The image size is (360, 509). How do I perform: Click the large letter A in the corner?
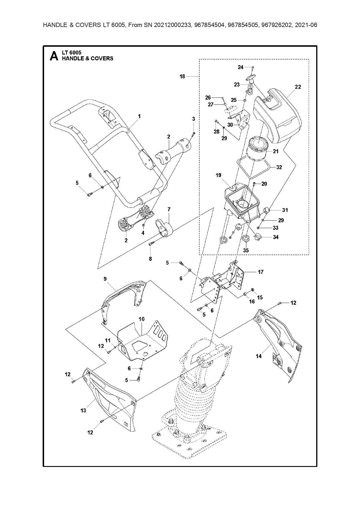(x=54, y=56)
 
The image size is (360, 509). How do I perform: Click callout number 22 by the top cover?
(x=298, y=87)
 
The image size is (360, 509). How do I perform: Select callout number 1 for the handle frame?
(x=139, y=116)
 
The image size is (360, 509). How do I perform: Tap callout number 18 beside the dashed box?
(x=182, y=77)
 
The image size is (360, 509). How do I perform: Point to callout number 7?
(x=169, y=209)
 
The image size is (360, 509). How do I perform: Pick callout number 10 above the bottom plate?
(x=141, y=319)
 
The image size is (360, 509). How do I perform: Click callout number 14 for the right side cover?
(x=258, y=356)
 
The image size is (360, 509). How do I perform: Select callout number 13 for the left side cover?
(x=83, y=411)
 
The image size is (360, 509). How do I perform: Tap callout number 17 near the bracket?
(x=260, y=272)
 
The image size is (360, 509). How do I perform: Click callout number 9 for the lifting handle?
(x=105, y=279)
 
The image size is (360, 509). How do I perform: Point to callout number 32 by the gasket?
(x=279, y=167)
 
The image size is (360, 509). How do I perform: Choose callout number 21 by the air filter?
(x=276, y=151)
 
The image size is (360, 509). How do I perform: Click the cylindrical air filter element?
(x=258, y=150)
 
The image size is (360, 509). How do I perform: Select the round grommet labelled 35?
(x=246, y=239)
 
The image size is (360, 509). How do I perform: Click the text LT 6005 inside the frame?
(x=71, y=53)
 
